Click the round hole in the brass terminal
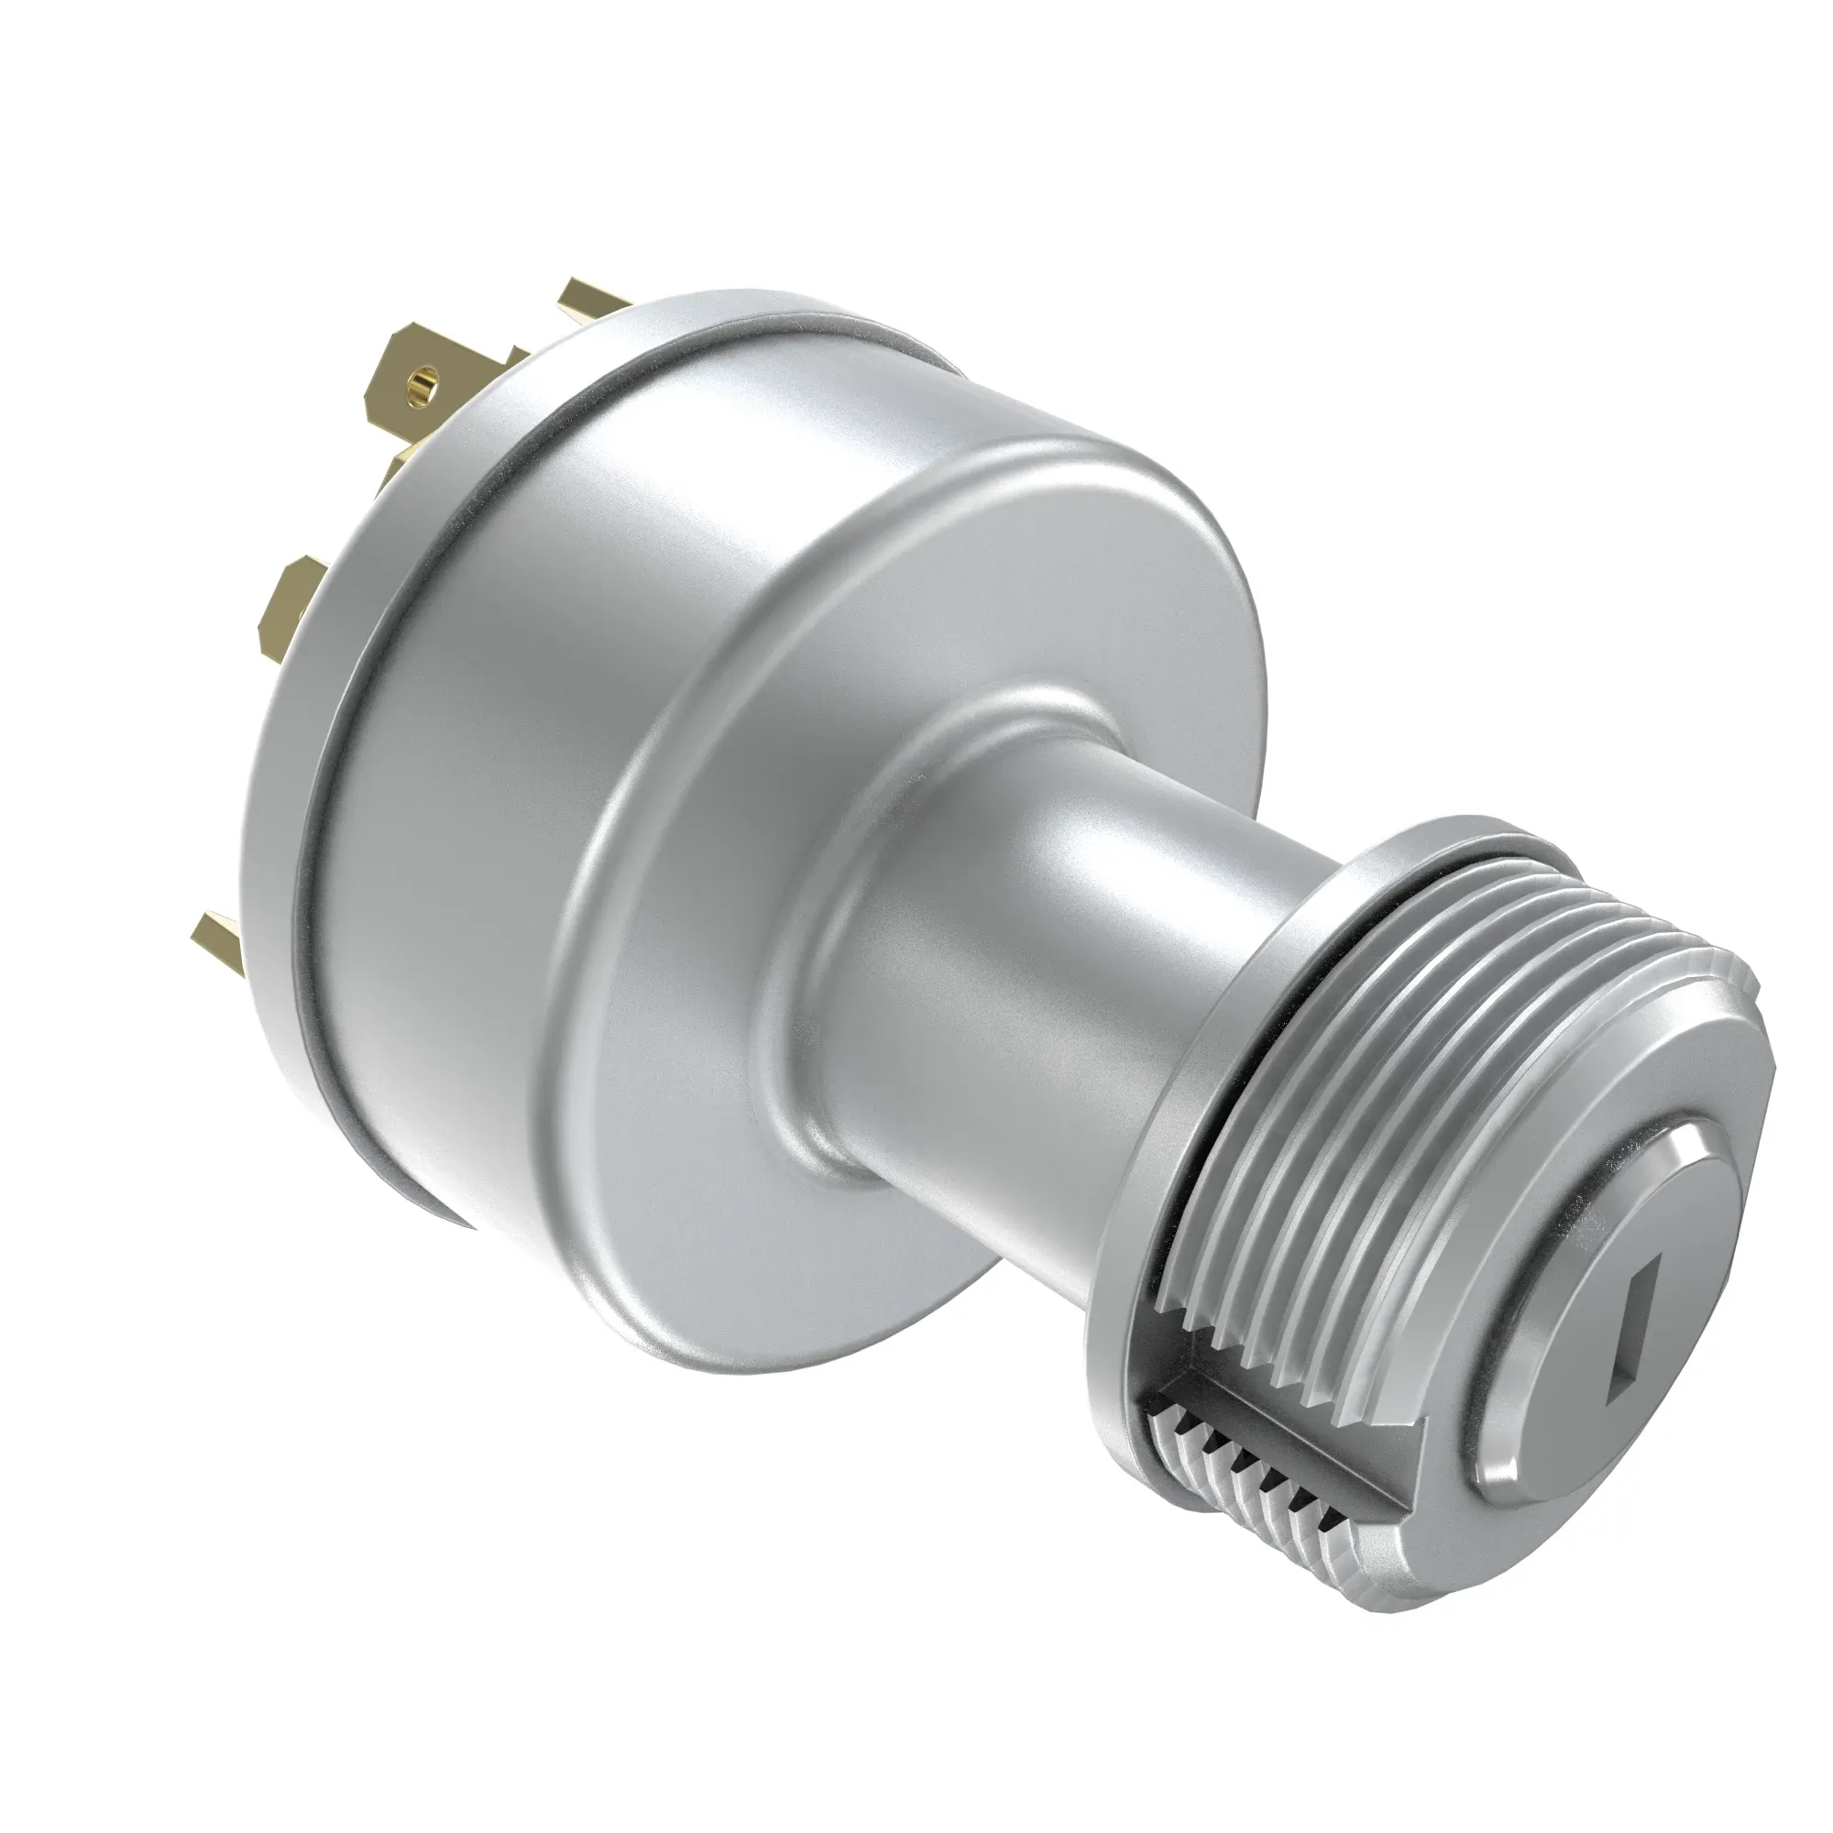(420, 384)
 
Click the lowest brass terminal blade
(216, 939)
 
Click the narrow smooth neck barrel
(996, 949)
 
